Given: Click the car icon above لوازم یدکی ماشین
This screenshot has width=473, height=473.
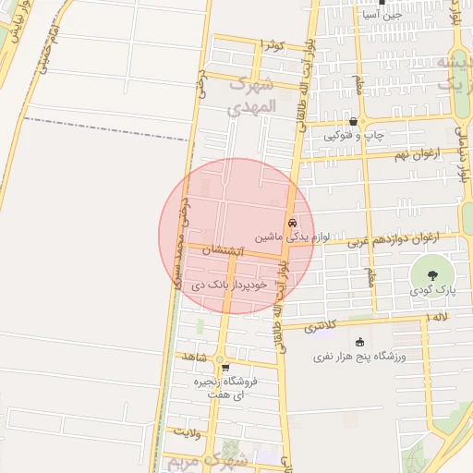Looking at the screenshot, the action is click(292, 223).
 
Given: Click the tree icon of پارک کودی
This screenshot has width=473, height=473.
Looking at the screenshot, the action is click(431, 273).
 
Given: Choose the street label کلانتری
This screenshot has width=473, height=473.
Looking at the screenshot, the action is click(327, 327).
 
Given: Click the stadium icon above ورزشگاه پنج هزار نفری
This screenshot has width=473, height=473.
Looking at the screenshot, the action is click(359, 342).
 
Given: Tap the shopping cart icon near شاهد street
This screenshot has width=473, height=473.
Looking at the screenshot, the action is click(224, 368).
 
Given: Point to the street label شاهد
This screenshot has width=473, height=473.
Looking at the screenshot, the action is click(192, 357).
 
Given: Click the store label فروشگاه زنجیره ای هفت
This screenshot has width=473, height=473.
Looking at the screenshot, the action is click(224, 388).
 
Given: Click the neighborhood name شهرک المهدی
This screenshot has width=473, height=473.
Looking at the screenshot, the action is click(250, 95).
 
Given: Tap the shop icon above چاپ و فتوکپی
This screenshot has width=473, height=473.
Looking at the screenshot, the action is click(353, 122).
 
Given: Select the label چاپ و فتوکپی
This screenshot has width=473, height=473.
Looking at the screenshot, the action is click(354, 136).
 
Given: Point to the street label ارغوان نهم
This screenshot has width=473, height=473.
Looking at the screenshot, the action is click(414, 153).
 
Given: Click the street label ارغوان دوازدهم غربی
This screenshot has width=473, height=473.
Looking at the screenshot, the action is click(394, 242).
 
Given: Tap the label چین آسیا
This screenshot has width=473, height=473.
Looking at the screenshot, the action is click(406, 15).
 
